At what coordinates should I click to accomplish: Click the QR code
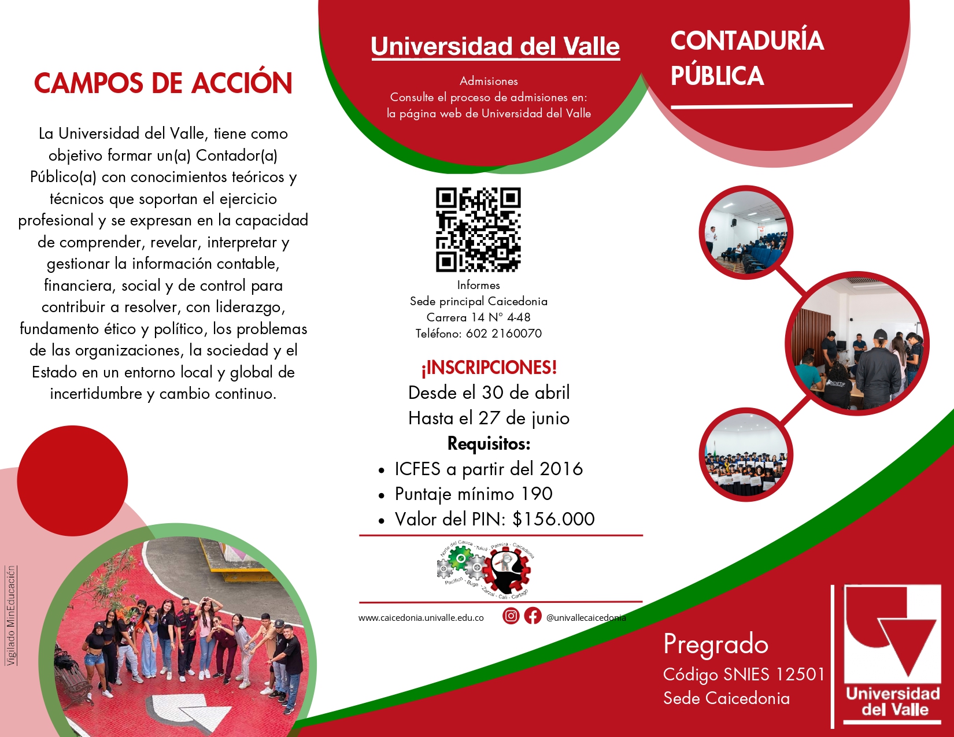point(478,229)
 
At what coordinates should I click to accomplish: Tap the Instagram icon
point(511,616)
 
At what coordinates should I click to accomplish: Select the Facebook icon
point(533,616)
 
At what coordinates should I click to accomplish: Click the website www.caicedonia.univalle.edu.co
point(421,618)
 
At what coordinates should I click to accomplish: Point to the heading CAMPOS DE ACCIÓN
point(163,83)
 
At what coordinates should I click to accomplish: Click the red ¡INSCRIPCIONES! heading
point(489,368)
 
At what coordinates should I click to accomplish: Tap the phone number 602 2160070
point(504,334)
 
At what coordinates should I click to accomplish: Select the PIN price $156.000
point(554,519)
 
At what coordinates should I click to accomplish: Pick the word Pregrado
point(716,645)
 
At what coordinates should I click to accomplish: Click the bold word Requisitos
point(489,444)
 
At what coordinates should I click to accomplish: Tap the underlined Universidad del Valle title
point(496,46)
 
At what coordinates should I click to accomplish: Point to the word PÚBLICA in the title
point(718,76)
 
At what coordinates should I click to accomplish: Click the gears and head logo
point(485,569)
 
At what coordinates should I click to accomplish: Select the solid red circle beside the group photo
point(72,481)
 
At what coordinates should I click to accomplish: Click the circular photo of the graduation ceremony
point(746,454)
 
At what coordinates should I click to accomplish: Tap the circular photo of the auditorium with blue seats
point(746,232)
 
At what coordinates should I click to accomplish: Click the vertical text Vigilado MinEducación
point(11,615)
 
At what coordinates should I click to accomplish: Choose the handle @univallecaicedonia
point(586,617)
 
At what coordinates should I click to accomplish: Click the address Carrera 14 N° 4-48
point(479,317)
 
